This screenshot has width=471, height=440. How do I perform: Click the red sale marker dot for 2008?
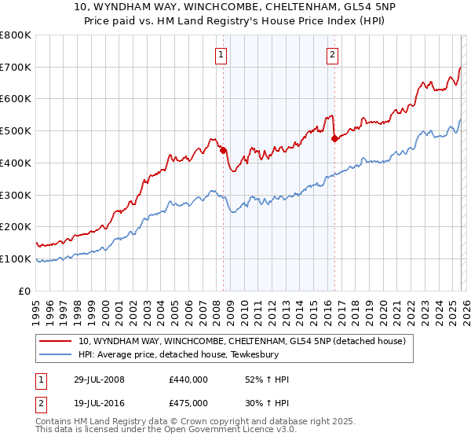click(223, 150)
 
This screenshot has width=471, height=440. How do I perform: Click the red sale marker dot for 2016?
click(334, 139)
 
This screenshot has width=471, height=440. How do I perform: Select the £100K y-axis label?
click(16, 258)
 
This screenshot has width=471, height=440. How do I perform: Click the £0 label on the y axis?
click(24, 291)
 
